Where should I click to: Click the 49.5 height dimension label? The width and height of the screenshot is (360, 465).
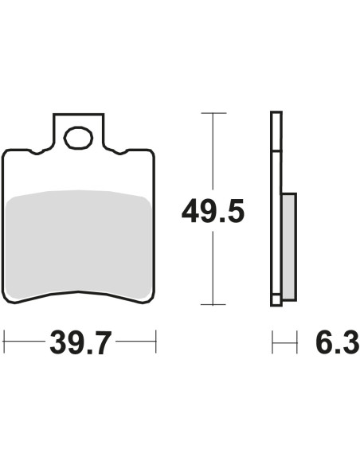213,211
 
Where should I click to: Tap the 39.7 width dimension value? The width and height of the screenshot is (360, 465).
80,342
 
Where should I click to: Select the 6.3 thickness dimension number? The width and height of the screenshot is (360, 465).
338,342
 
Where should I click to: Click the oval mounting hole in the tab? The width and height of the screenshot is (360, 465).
79,138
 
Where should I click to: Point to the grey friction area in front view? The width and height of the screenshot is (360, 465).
79,243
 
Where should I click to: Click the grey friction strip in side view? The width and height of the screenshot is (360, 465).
289,247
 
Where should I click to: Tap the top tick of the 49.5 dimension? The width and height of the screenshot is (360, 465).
213,113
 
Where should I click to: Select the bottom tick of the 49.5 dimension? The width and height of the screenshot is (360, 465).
213,304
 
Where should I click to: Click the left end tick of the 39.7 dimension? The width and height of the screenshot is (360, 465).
4,341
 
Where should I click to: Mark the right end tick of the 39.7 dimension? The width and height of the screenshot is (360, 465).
155,341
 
